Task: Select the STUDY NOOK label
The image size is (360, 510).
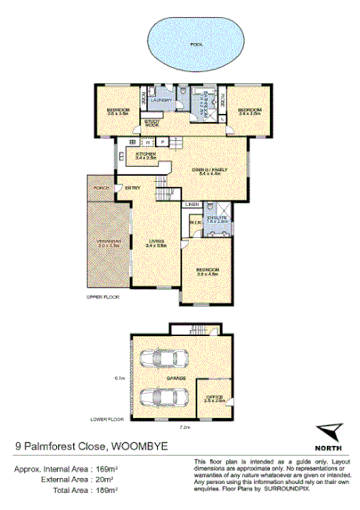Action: coord(152,125)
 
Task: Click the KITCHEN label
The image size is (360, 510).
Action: coord(146,153)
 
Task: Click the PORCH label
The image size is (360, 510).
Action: coord(99,188)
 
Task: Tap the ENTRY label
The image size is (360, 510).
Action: coord(132,188)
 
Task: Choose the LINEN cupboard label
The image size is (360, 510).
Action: coord(192,205)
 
